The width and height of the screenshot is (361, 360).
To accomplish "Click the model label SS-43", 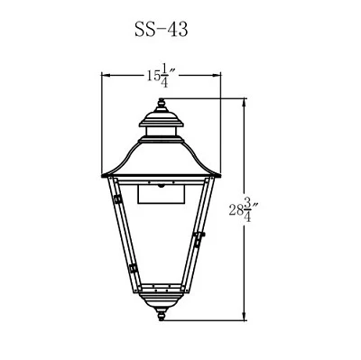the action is coord(162,30).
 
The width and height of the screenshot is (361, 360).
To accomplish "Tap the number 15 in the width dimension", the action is coord(153,77).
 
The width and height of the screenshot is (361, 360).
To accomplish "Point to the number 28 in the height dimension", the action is coord(236,210).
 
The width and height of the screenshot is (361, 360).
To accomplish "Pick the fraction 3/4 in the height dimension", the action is coord(247,210).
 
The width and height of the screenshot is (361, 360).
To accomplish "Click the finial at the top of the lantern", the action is coord(162,105).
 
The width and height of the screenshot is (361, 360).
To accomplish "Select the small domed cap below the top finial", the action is coord(162,119).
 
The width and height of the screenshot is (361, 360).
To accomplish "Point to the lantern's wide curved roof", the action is coord(162,160).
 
